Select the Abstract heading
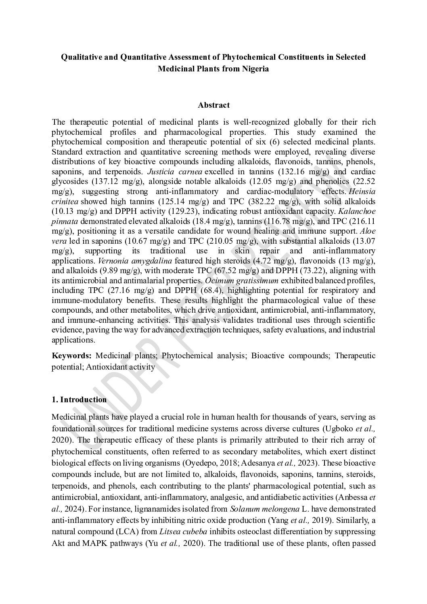click(x=213, y=105)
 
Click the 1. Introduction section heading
click(x=79, y=399)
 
